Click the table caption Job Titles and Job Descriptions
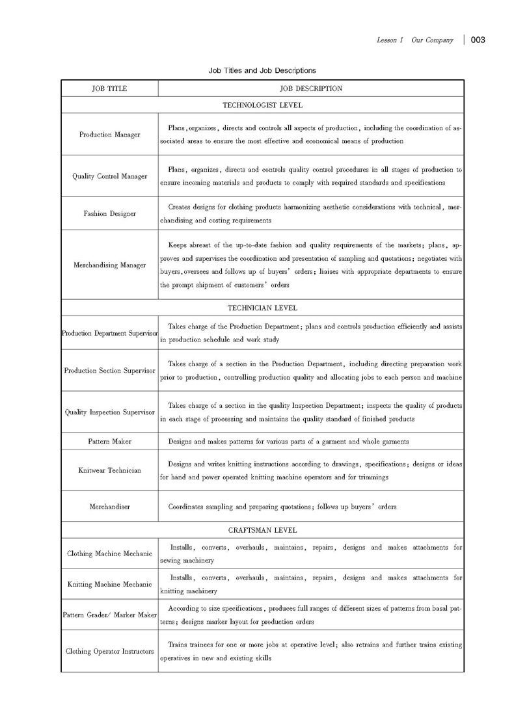coord(262,70)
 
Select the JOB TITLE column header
coord(109,88)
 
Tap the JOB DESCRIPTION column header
coord(310,88)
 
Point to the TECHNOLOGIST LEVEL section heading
coord(262,105)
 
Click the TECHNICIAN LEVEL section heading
coord(262,308)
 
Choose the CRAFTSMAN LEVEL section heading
coord(262,531)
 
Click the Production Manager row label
coord(109,135)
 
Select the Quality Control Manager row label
coord(109,176)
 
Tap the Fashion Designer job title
coord(109,213)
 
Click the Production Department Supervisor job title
coord(109,333)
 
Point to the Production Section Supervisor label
coord(109,371)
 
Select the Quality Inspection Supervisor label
coord(109,412)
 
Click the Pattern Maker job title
coord(109,442)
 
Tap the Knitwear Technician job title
coord(109,470)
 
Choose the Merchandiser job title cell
coord(109,507)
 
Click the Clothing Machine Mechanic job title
coord(109,554)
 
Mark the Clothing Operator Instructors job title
coord(109,651)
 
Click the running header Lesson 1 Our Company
coord(414,40)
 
